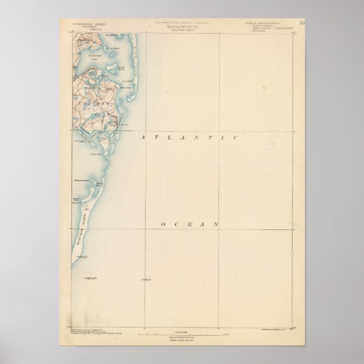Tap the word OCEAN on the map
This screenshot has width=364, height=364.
click(x=190, y=224)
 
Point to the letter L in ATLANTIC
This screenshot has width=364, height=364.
click(x=166, y=138)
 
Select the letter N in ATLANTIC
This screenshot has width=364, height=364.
click(x=191, y=138)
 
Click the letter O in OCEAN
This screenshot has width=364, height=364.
click(x=162, y=224)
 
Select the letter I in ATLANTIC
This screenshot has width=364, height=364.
click(x=219, y=138)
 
